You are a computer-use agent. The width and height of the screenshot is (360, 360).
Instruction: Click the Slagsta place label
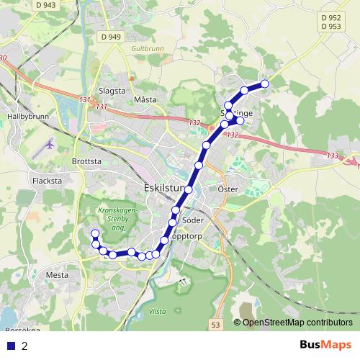112,91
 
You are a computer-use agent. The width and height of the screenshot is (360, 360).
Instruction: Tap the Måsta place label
145,99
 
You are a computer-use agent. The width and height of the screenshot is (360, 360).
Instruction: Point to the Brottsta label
86,161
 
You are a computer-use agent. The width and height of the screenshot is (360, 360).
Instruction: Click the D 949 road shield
112,36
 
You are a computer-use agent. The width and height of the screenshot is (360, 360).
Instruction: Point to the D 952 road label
331,17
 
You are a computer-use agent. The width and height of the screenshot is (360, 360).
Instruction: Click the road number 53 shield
215,326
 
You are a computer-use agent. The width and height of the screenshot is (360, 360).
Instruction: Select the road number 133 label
332,156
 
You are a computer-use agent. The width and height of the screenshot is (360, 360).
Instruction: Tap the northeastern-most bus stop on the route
264,84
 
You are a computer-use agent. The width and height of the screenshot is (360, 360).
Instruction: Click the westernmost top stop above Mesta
94,233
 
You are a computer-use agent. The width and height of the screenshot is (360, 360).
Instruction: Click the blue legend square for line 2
11,346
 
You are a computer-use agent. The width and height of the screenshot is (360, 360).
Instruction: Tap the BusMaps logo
325,346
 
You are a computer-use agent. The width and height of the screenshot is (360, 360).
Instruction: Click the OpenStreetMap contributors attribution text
297,322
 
